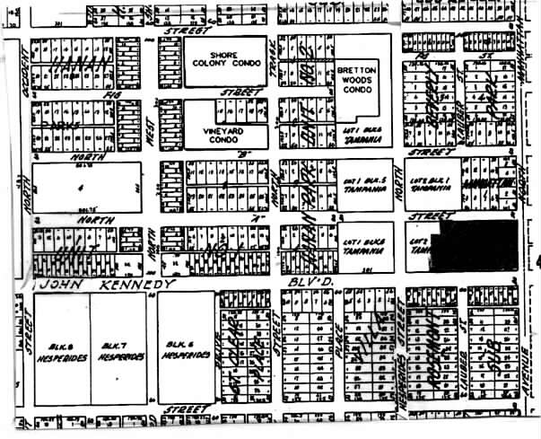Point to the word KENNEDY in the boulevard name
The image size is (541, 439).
[x=134, y=285]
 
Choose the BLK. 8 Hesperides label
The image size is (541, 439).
[x=61, y=350]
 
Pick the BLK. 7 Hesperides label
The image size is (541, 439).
[x=118, y=350]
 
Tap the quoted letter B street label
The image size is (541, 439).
[x=240, y=153]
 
